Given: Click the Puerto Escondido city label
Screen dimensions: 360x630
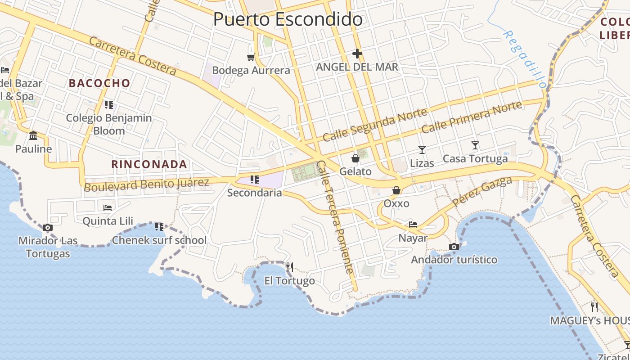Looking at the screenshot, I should [288, 19].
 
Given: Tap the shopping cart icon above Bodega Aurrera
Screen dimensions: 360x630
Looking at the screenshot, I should [251, 57].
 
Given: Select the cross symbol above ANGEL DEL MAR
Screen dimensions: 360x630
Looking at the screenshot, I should [357, 54].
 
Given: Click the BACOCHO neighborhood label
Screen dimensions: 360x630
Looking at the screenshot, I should [99, 83].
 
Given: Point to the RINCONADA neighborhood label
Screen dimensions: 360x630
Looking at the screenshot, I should [149, 164].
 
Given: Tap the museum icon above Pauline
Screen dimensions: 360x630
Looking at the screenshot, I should [33, 135].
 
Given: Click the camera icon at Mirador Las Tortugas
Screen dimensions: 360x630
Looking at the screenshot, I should [48, 227].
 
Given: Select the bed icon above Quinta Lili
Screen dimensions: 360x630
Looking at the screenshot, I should [108, 207].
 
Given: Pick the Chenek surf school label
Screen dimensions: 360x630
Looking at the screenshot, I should [159, 240].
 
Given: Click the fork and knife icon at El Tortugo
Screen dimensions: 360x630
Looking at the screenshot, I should [290, 267].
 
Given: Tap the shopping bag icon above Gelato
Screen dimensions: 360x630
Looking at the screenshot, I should [355, 158].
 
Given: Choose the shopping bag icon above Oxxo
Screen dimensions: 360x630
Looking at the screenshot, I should [396, 190].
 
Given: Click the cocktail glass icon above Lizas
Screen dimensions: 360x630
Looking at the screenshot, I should [422, 149].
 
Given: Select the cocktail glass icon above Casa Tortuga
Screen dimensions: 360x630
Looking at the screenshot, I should [475, 145].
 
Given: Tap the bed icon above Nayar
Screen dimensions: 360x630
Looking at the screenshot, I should [413, 224].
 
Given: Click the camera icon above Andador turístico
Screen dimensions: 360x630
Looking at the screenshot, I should [454, 247].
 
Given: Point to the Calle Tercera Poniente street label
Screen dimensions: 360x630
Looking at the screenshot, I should [335, 217].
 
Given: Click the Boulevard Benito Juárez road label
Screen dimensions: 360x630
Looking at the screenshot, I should [147, 184].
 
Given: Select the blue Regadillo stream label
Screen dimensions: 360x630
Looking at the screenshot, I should [524, 58].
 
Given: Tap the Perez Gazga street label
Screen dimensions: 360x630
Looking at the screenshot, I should [482, 191].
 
